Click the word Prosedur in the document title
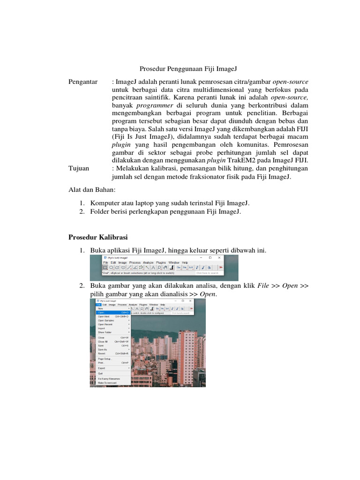[x=153, y=69]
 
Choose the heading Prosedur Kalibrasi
[x=98, y=237]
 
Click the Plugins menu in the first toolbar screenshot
[x=162, y=262]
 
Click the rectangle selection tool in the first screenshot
[x=105, y=268]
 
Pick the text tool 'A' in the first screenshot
[x=153, y=268]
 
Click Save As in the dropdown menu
[x=103, y=350]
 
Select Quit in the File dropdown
[x=100, y=374]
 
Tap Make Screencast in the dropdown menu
[x=107, y=382]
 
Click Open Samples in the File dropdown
[x=106, y=320]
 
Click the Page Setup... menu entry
[x=105, y=359]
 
